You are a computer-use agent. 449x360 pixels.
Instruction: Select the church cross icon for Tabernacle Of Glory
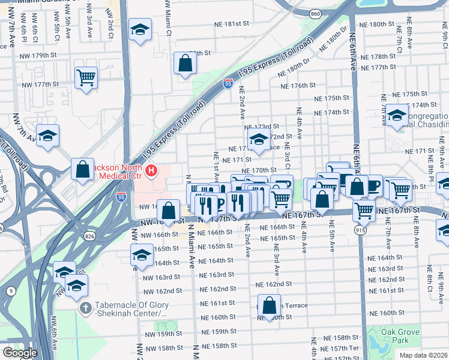86,308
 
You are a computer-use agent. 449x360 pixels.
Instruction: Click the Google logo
20,352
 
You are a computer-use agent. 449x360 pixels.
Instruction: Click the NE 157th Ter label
346,348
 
